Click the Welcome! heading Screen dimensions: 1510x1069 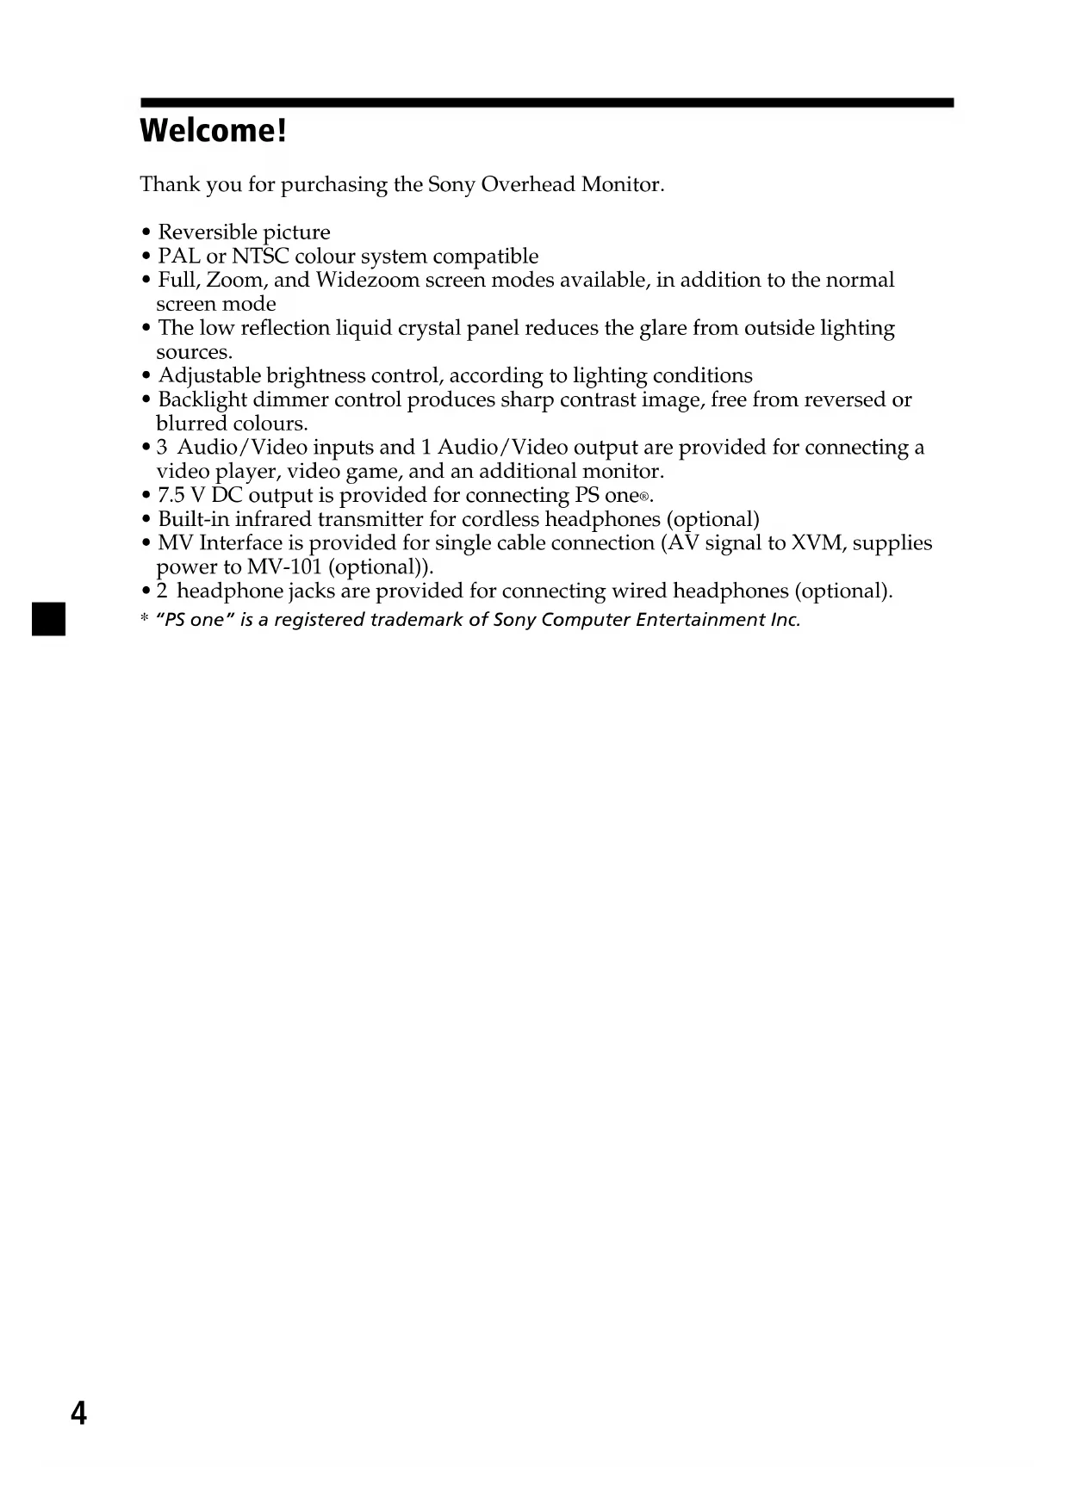coord(212,131)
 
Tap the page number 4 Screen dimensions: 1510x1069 coord(78,1413)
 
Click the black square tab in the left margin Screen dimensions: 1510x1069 coord(48,620)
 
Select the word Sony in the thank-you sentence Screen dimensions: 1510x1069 coord(451,185)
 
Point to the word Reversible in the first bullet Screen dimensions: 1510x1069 coord(201,232)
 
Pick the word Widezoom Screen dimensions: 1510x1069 coord(368,281)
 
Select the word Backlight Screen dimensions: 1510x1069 coord(202,400)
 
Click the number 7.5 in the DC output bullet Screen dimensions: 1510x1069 coord(171,496)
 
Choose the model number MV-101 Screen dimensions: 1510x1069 coord(284,567)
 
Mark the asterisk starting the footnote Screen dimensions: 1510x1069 coord(145,620)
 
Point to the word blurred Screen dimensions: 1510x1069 coord(191,424)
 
